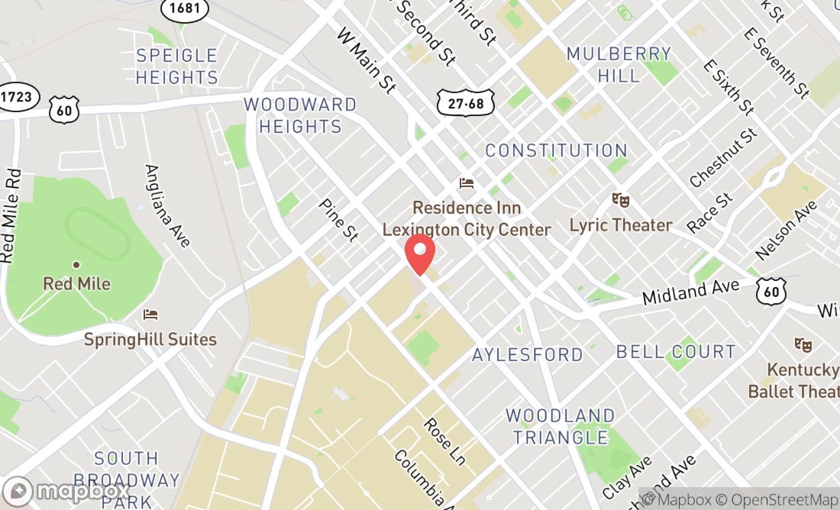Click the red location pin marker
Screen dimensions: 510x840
tap(419, 255)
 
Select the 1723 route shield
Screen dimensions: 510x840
tap(17, 97)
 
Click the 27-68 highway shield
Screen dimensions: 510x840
tap(466, 102)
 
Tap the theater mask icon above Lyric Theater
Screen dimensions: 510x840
tap(621, 201)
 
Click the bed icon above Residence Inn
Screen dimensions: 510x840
tap(467, 183)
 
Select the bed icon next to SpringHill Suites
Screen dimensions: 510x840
tap(150, 315)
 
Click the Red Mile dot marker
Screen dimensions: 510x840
tap(76, 265)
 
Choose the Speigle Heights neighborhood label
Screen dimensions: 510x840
tap(177, 66)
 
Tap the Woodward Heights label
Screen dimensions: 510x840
tap(300, 115)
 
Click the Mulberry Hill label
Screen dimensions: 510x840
tap(619, 64)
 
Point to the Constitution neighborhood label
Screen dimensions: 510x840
tap(556, 150)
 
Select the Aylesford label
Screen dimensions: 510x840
tap(527, 354)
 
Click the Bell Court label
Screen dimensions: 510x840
tap(676, 352)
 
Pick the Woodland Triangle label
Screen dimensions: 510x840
tap(560, 427)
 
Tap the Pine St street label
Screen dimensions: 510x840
tap(338, 220)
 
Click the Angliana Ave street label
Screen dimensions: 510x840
tap(166, 206)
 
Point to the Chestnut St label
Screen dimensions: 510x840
tap(722, 158)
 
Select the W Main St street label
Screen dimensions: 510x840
tap(367, 61)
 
